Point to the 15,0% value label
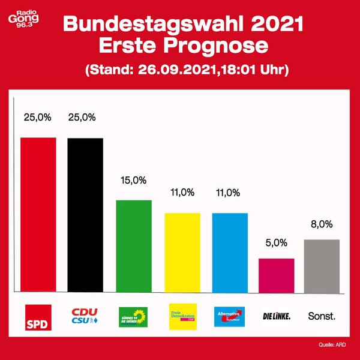tap(133, 180)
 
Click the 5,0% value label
tap(276, 244)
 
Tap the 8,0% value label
tap(322, 224)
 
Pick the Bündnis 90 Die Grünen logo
tap(133, 316)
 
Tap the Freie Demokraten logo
tap(182, 316)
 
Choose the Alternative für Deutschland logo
tap(230, 316)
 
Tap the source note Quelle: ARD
tap(331, 344)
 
